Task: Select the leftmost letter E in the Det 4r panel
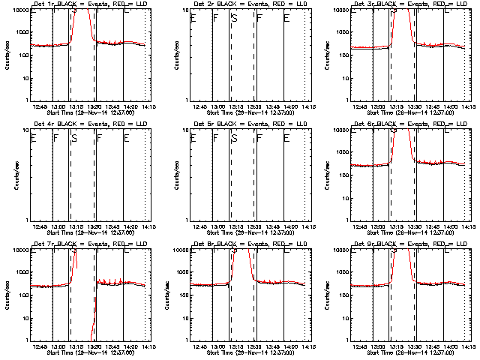point(33,138)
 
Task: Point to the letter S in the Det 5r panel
point(234,138)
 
